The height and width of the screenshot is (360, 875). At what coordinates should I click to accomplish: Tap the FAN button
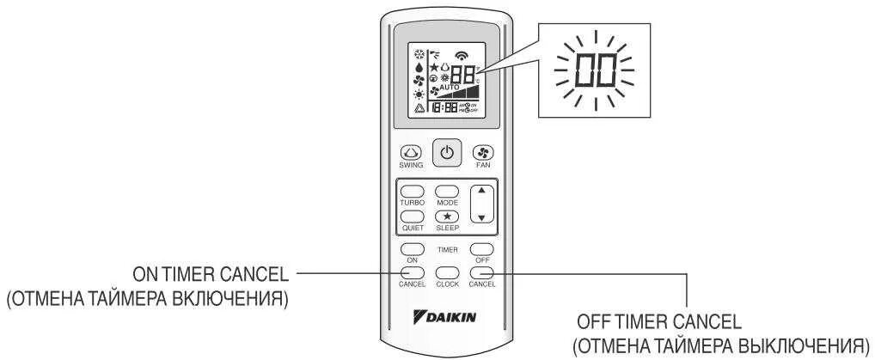point(482,153)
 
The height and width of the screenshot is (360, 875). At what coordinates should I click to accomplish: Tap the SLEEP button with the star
point(446,217)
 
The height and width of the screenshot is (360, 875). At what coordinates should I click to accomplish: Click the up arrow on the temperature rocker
point(482,191)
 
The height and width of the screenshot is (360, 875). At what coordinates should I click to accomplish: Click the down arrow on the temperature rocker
point(482,217)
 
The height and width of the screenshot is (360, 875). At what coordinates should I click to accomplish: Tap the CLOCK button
point(446,273)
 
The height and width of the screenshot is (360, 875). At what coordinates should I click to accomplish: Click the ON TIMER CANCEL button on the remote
point(409,273)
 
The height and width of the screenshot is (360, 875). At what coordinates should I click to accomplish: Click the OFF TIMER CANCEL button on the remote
point(482,273)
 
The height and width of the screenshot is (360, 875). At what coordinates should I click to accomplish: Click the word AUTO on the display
point(449,88)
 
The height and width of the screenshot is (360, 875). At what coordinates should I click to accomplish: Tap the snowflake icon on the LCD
point(419,51)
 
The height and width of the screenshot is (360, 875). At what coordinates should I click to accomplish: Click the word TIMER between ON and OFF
point(446,249)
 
